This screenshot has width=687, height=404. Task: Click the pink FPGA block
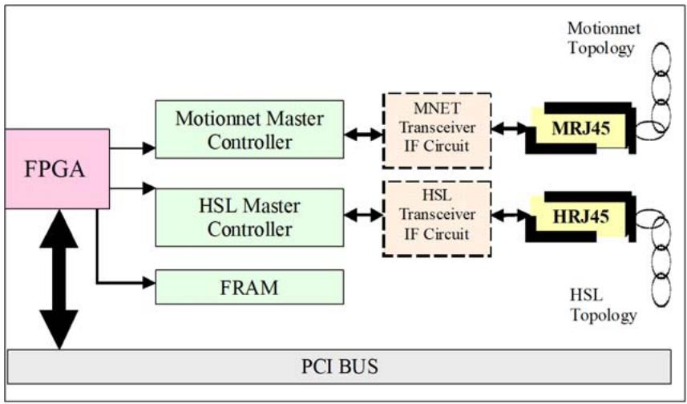point(57,168)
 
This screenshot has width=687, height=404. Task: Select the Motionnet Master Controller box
point(250,129)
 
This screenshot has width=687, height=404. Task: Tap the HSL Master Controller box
point(250,217)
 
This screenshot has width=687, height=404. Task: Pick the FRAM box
point(250,287)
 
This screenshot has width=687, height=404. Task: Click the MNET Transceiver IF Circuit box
point(437,130)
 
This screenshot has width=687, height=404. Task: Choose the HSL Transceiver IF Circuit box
point(437,218)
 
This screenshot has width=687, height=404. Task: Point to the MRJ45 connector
point(580,128)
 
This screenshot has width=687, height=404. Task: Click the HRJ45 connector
point(580,216)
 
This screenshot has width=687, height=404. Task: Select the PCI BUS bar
point(340,366)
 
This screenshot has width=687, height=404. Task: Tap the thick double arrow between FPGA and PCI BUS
point(59,279)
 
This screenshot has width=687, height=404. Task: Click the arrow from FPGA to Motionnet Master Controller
point(132,148)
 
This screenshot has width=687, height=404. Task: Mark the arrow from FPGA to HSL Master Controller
point(132,188)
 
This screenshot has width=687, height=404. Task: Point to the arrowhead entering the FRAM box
point(150,283)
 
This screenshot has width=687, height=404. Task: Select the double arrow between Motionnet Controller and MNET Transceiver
point(363,135)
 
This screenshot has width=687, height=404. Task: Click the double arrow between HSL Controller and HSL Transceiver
point(363,215)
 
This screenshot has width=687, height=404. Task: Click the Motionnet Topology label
point(604,38)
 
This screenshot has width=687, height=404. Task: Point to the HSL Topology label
point(604,305)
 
